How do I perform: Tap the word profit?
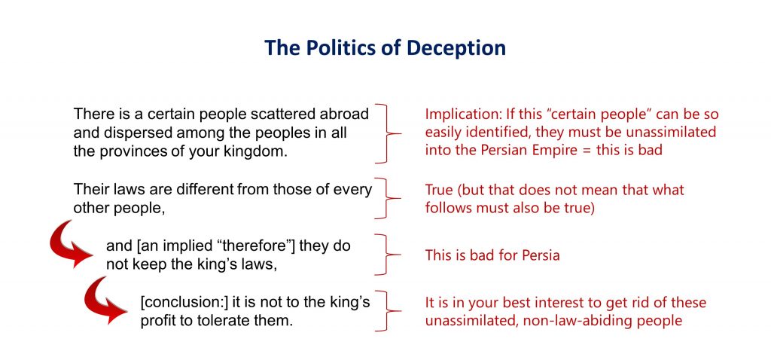click(154, 321)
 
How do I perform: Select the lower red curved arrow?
click(104, 303)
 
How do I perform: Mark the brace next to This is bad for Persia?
click(388, 255)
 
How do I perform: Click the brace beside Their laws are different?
click(388, 198)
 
